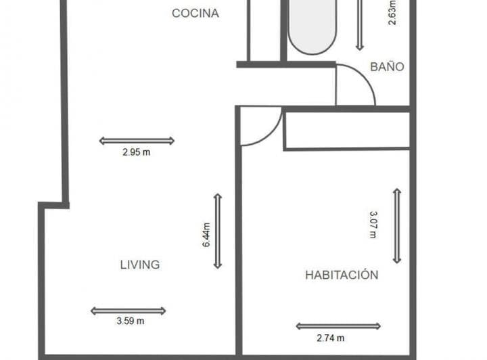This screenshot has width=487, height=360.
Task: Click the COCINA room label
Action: coord(195,13)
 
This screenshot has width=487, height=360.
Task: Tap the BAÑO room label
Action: coord(387,67)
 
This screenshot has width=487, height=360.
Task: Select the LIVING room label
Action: coord(140,265)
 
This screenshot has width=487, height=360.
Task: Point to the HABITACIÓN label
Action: coord(341,275)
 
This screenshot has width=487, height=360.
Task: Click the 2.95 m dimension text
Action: coord(136,153)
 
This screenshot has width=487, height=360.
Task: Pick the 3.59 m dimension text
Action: coord(129,322)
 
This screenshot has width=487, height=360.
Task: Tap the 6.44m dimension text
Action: coord(207,235)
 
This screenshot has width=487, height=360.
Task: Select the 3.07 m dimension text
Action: coord(373,224)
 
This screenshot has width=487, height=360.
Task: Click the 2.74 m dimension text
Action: coord(329,338)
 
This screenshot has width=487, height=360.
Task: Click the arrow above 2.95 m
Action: coord(137,141)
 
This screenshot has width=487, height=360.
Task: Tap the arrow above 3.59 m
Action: coord(128,311)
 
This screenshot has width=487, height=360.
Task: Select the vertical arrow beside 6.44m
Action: coord(218,231)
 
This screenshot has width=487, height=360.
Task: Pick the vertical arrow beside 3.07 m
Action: coord(397,225)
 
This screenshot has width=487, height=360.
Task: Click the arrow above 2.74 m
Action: coord(329,326)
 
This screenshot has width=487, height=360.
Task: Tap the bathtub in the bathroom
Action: coord(312,27)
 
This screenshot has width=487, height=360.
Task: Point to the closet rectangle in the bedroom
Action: coord(347,130)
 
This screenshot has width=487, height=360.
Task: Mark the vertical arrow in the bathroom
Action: coord(360,24)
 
